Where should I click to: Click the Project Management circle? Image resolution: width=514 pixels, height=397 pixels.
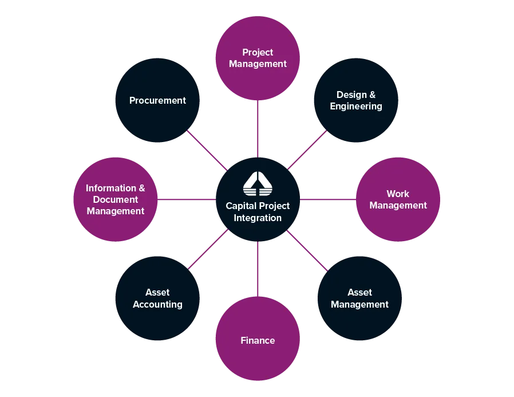pos(258,58)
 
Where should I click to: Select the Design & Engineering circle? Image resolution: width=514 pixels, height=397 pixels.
pos(356,100)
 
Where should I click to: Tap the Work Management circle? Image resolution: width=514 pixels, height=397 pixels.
pos(398,199)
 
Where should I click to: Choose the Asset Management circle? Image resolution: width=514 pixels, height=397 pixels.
pos(359,298)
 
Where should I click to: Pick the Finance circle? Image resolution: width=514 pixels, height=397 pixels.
pos(258,340)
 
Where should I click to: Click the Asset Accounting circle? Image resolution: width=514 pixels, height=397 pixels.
pos(157,298)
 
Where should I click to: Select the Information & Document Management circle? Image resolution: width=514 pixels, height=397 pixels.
pos(116,199)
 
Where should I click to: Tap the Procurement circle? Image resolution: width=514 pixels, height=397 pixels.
pos(157,100)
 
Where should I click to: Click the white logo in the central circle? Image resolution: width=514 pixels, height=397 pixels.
pos(258,183)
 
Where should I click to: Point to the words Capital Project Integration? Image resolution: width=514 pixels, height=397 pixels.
pos(258,212)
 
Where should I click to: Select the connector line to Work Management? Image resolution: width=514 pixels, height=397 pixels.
pos(327,199)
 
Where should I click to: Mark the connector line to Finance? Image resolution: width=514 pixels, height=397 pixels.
pos(258,269)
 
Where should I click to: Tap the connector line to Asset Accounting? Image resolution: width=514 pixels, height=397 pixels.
pos(208,249)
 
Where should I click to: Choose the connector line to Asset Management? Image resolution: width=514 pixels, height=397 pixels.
pos(307,249)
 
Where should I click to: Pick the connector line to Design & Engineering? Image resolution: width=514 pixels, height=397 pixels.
pos(307,150)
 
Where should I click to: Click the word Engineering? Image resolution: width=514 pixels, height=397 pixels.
pos(356,107)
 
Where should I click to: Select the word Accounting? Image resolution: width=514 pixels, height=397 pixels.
pos(157,305)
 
